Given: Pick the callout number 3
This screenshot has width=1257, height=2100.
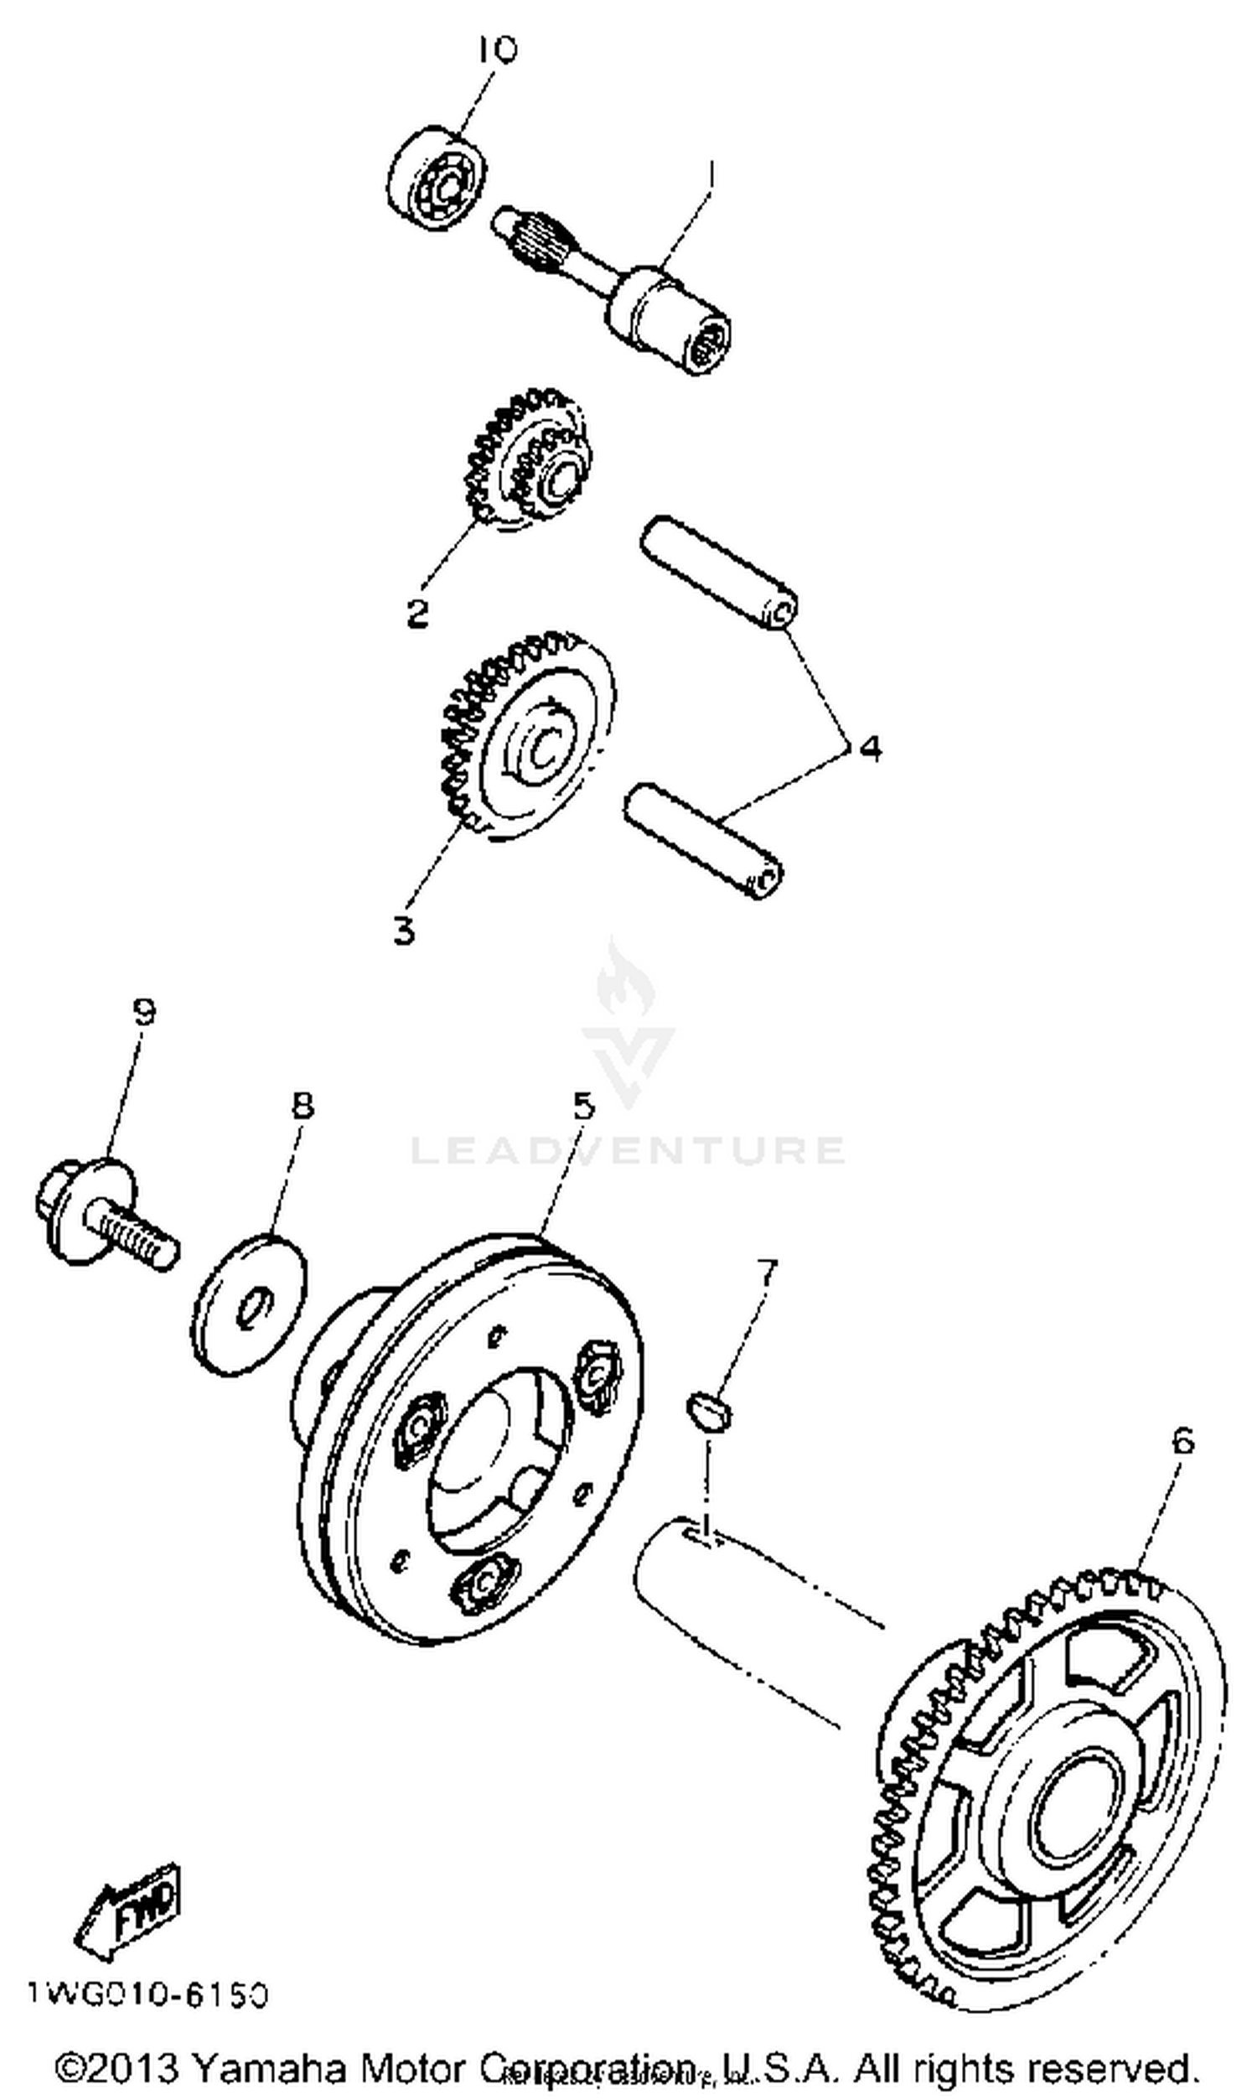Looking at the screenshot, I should click(405, 931).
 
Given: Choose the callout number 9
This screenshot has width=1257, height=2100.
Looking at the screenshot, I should click(144, 1012).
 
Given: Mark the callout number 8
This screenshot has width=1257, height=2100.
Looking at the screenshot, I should click(303, 1106).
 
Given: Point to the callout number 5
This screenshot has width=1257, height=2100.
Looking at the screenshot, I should click(584, 1106).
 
